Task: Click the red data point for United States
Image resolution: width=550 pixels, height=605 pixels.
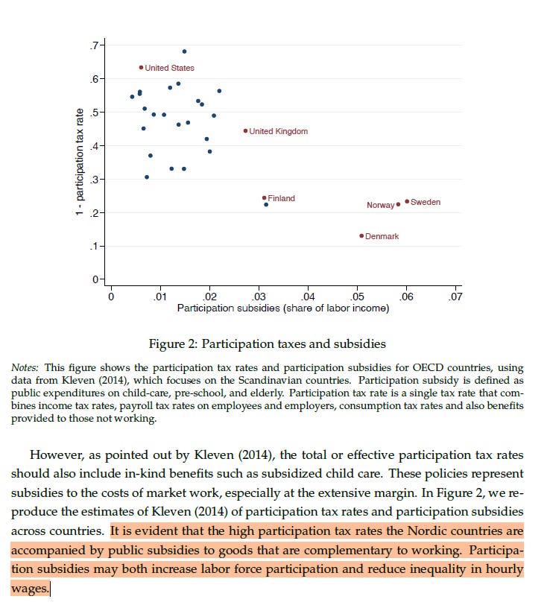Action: click(x=141, y=68)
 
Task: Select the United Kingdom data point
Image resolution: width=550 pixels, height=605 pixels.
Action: click(x=245, y=131)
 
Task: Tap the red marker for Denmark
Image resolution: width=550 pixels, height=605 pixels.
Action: click(x=361, y=236)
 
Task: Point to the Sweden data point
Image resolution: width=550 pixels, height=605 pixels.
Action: click(x=407, y=202)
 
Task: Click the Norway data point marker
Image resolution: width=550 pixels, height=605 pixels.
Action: click(x=398, y=204)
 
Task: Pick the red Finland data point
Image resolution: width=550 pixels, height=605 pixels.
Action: click(x=264, y=198)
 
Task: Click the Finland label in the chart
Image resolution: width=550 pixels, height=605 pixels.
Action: click(x=282, y=198)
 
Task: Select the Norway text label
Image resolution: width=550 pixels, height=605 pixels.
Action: click(x=380, y=205)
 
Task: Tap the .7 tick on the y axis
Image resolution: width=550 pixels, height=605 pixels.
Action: click(x=95, y=45)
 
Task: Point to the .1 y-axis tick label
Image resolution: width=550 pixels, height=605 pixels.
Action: click(x=95, y=246)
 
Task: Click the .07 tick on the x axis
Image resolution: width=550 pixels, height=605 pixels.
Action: click(x=456, y=296)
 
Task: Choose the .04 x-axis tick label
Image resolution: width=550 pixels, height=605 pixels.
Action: click(x=308, y=296)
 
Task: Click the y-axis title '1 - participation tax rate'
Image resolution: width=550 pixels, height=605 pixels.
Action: click(x=78, y=162)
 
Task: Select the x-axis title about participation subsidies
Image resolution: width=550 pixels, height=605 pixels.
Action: click(x=282, y=308)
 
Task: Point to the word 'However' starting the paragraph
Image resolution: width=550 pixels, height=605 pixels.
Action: click(x=54, y=454)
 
